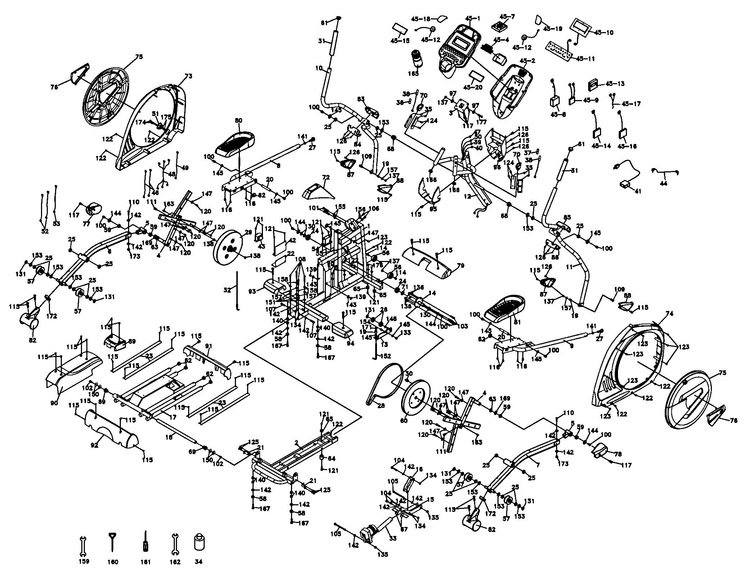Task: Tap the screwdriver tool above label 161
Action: coord(146,541)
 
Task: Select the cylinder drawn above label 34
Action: coord(199,542)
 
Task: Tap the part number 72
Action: coord(326,177)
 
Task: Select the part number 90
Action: coord(54,403)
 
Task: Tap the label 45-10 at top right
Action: coord(604,32)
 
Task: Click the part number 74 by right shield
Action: coord(669,314)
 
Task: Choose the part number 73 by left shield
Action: coord(188,76)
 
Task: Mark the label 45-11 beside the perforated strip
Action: coord(585,58)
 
